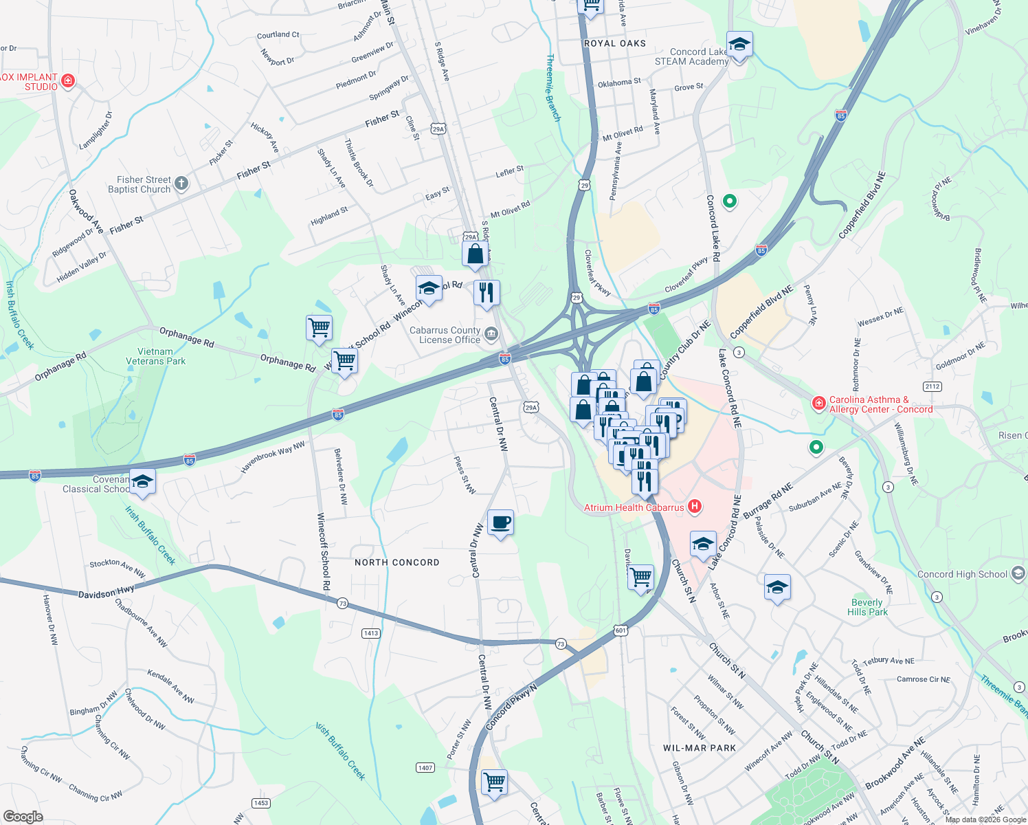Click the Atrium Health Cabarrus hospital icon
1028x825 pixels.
(x=695, y=507)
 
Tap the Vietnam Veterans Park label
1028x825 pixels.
(x=155, y=356)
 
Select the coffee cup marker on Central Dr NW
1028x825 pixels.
(x=500, y=522)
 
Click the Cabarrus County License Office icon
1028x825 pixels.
(x=491, y=335)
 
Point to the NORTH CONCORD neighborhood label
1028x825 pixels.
(x=396, y=562)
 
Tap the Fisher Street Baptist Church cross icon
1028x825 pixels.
(x=181, y=183)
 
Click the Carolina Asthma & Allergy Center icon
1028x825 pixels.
(x=818, y=404)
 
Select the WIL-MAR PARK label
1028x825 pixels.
(x=700, y=748)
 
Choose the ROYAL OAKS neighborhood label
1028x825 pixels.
(x=614, y=43)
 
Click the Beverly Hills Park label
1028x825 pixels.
(x=867, y=607)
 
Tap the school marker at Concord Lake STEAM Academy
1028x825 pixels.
(x=739, y=45)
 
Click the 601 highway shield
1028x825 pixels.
(x=621, y=630)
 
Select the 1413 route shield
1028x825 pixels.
(x=371, y=633)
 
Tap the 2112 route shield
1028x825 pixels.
(x=932, y=386)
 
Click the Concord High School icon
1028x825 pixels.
(x=1018, y=573)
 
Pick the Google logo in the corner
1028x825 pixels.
(x=23, y=817)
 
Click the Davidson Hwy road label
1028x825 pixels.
(x=106, y=592)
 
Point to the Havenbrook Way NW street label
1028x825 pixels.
(x=273, y=457)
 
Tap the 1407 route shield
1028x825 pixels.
(x=425, y=767)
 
